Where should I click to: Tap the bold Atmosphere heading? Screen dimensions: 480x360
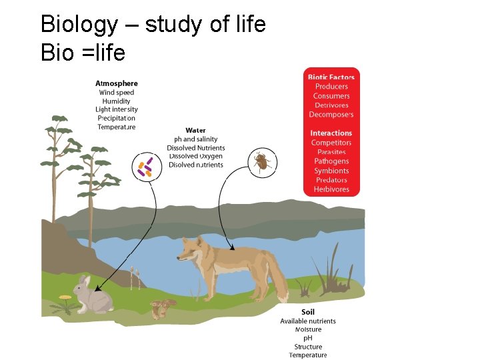click(x=116, y=83)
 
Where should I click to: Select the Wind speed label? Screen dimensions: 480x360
click(x=116, y=93)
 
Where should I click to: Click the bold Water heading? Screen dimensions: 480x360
click(x=195, y=130)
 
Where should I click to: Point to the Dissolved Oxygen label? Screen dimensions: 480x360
click(x=195, y=156)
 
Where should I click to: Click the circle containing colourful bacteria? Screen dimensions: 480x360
click(x=145, y=166)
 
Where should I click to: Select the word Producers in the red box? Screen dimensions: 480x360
click(x=331, y=87)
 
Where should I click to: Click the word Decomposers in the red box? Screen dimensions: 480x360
click(x=331, y=115)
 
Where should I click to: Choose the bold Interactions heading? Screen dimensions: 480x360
click(x=331, y=133)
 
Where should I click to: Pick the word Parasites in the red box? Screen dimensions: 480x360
click(x=331, y=152)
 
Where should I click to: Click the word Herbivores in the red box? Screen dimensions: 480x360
click(x=331, y=189)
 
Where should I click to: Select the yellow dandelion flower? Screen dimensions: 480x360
click(x=65, y=297)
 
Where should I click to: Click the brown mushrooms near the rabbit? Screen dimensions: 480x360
click(x=163, y=307)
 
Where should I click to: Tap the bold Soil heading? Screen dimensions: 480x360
click(x=307, y=312)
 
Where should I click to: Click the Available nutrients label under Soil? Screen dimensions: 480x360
click(x=307, y=321)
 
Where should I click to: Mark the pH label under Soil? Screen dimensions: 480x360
click(x=307, y=338)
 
